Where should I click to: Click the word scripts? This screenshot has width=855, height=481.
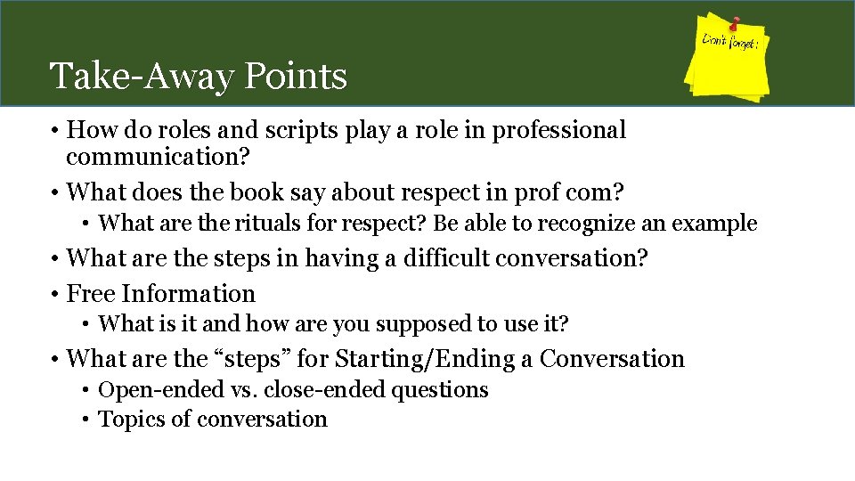coord(295,131)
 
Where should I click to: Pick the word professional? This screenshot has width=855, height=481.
coord(558,131)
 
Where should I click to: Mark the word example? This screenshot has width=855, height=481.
coord(714,224)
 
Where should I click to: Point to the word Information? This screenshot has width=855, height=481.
coord(188,294)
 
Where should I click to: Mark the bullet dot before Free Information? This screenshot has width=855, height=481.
coord(55,295)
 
